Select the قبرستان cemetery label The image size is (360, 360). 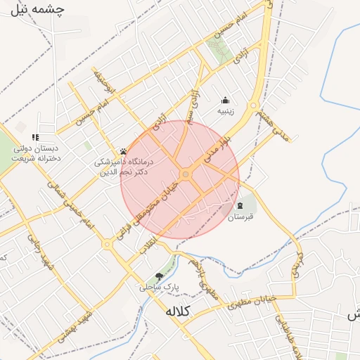click(240, 218)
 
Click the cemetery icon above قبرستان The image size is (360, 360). click(240, 206)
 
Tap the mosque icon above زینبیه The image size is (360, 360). click(225, 100)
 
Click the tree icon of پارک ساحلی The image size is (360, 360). click(159, 276)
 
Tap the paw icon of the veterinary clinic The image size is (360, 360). click(123, 151)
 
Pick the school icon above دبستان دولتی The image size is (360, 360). click(35, 137)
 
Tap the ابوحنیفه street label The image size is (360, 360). click(99, 82)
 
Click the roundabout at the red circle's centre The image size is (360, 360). click(186, 174)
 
